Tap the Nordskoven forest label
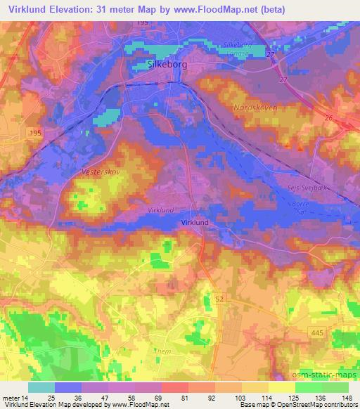click(x=254, y=109)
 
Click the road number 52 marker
click(x=219, y=279)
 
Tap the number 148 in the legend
click(x=348, y=397)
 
